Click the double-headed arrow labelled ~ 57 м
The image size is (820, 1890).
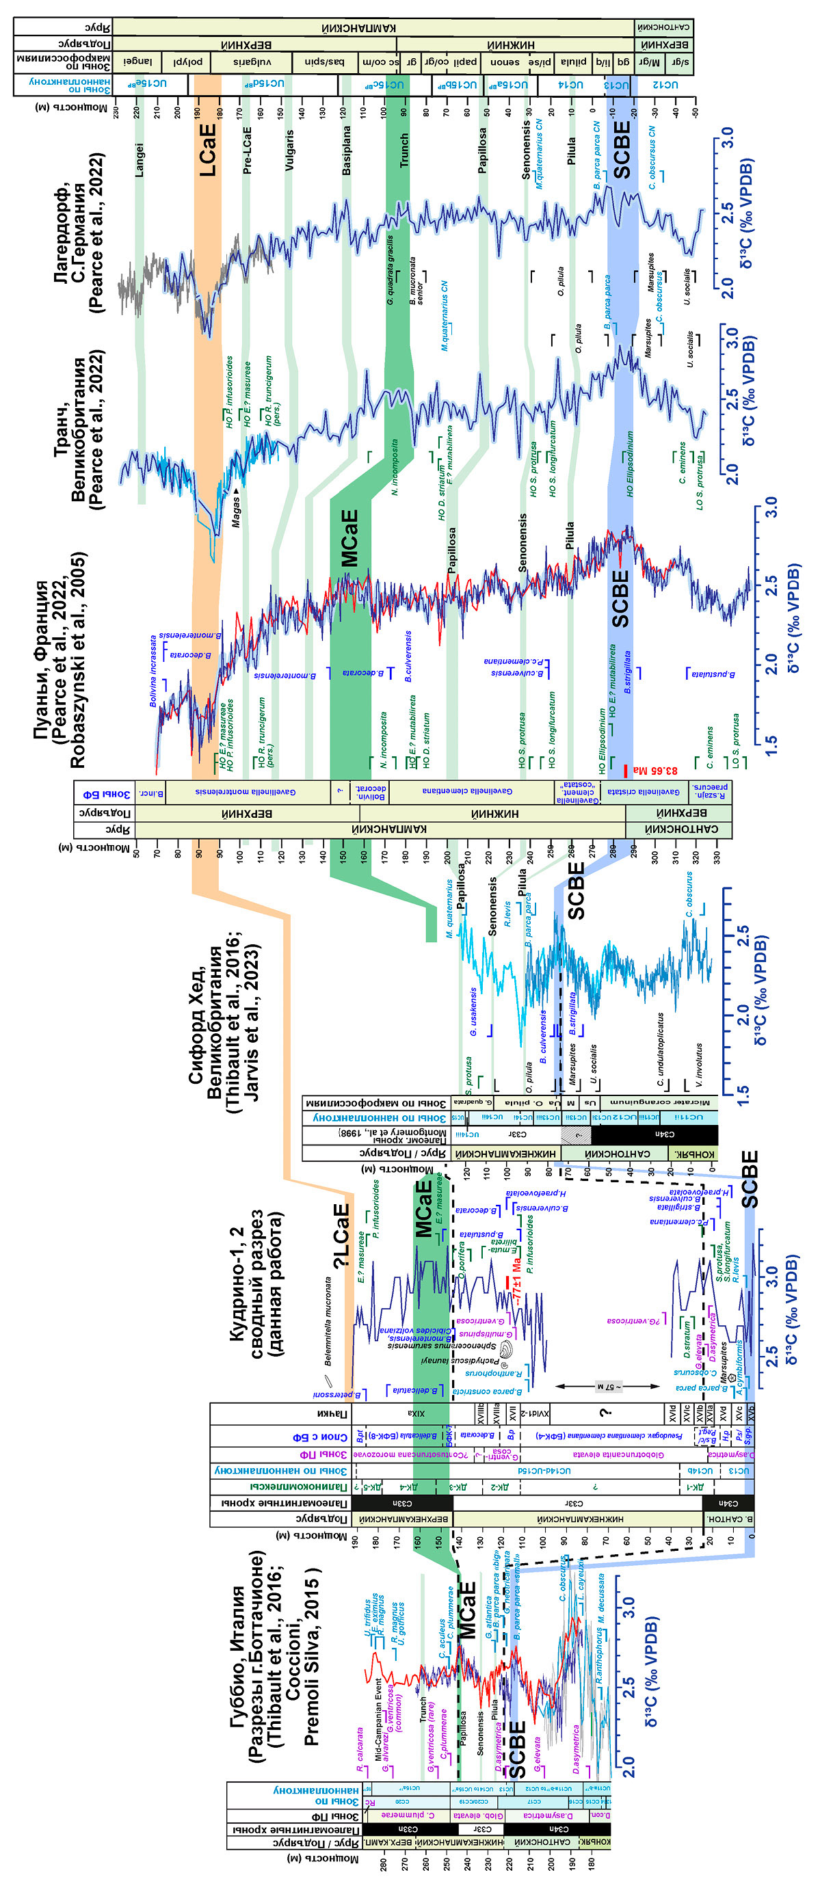608,1407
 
